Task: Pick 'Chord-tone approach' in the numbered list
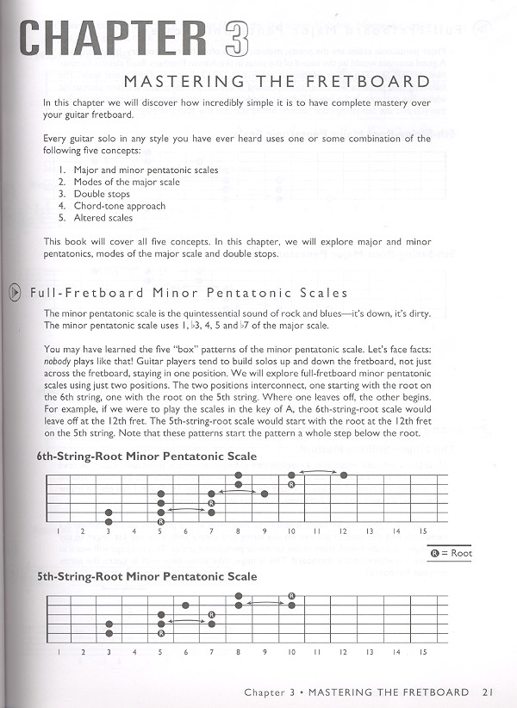tap(120, 207)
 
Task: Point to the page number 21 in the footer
tap(488, 692)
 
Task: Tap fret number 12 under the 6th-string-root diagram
tap(343, 531)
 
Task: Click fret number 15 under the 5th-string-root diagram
tap(422, 651)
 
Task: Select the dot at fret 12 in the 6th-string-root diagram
tap(344, 475)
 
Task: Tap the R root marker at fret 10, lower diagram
tap(292, 595)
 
